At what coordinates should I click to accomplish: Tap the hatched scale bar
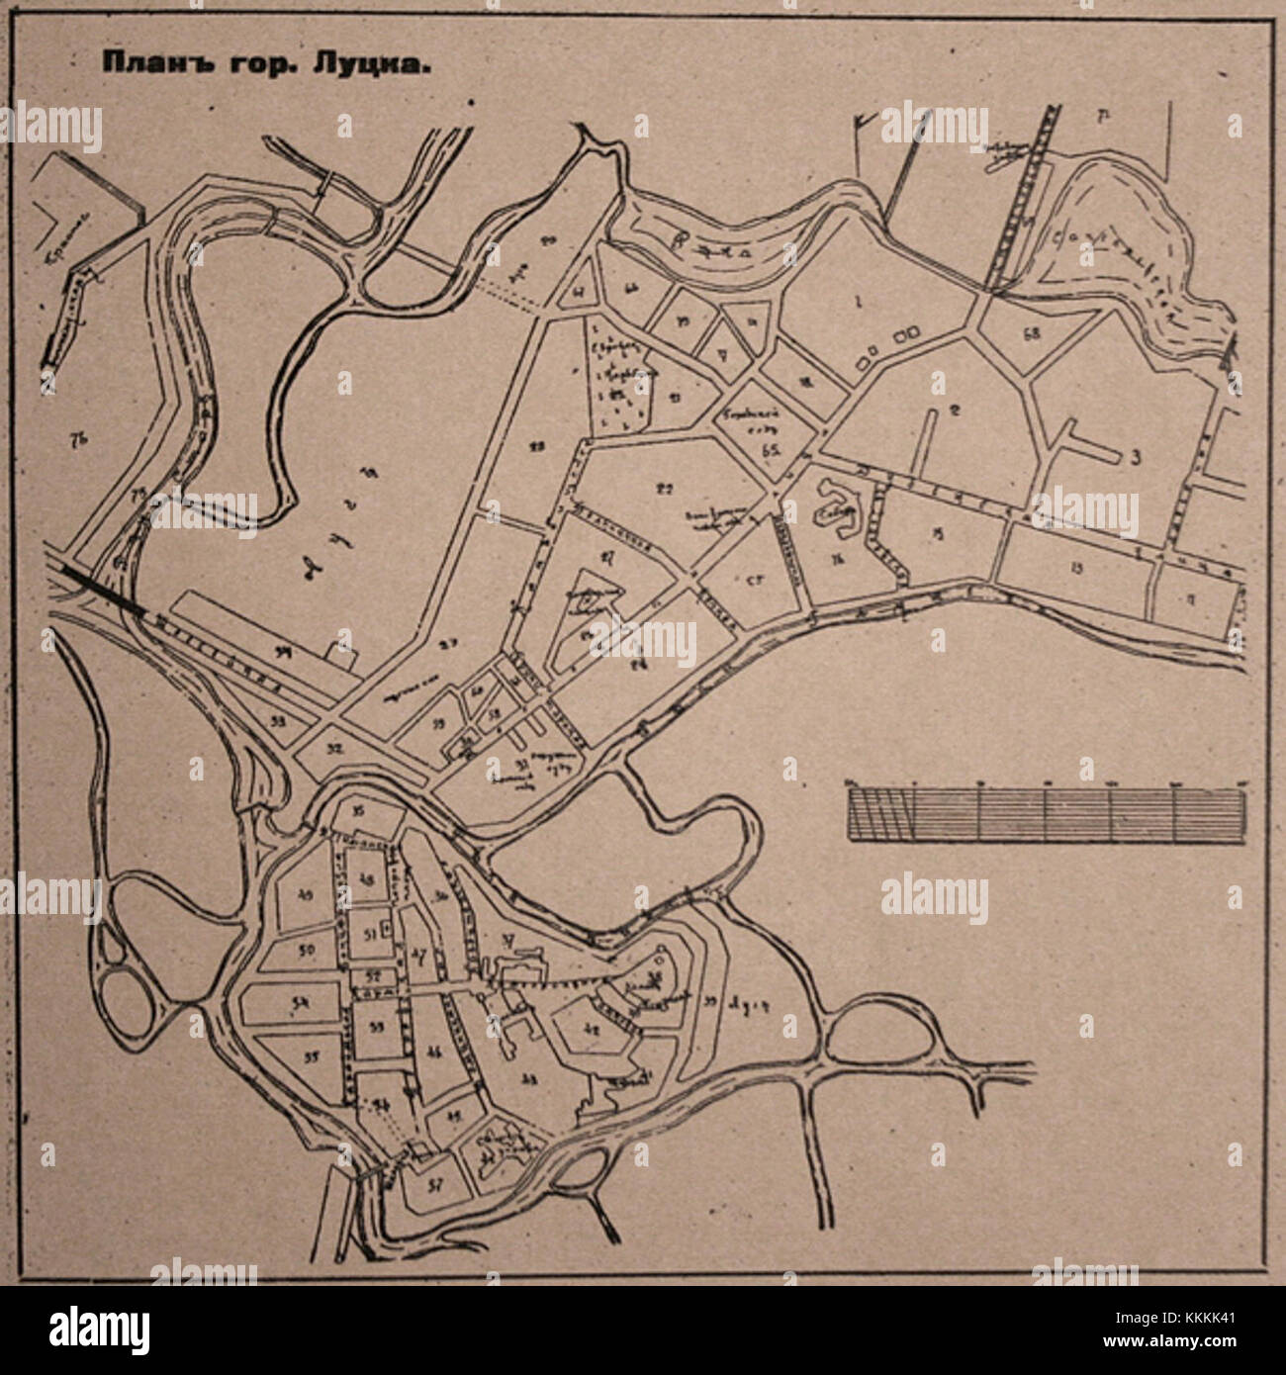(1046, 812)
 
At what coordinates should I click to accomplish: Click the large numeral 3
(1136, 457)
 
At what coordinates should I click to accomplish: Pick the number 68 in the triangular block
(1033, 333)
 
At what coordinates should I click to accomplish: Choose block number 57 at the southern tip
(433, 1186)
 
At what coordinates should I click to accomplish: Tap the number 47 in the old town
(420, 955)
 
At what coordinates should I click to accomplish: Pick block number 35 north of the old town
(358, 812)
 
